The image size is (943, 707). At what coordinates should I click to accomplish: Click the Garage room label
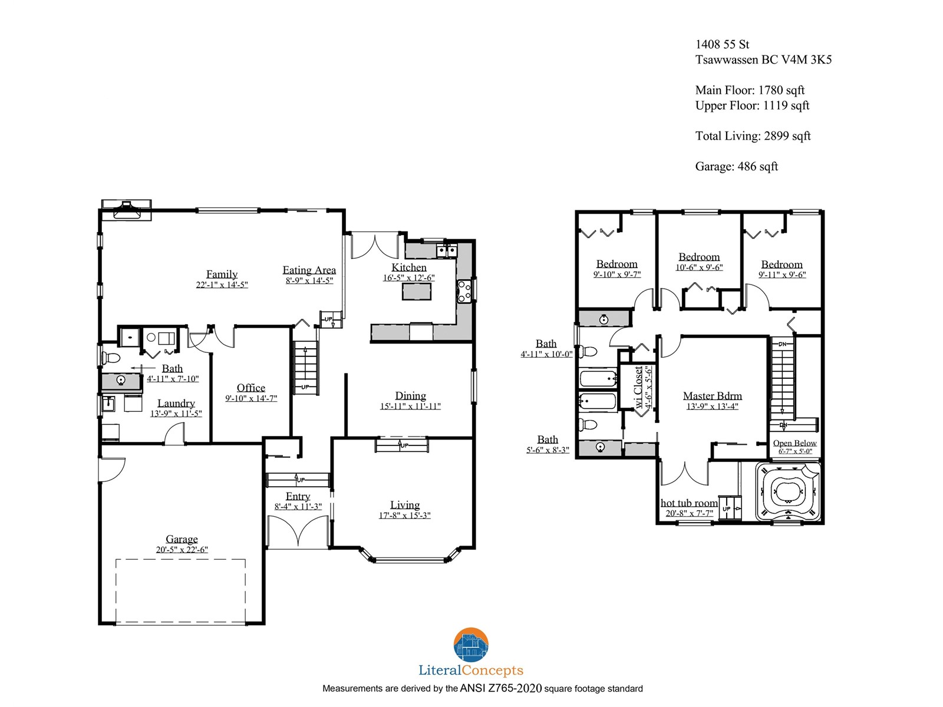[182, 538]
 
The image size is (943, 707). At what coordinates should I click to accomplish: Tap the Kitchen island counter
[416, 292]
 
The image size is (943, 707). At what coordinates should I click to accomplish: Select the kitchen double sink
[446, 250]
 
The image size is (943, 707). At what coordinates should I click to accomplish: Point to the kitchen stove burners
[464, 292]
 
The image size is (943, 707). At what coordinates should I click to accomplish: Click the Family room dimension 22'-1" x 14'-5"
[222, 285]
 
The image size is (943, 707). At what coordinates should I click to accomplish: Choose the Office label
[251, 388]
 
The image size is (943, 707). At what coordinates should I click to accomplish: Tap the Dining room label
[410, 395]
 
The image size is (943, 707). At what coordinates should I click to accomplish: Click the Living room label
[405, 505]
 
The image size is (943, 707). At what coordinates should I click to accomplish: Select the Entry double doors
[298, 532]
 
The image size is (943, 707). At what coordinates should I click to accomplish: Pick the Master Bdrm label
[713, 395]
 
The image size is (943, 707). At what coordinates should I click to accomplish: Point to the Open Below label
[795, 442]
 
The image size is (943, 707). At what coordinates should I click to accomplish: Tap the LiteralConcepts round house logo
[471, 645]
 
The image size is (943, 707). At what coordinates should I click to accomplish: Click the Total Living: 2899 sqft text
[753, 136]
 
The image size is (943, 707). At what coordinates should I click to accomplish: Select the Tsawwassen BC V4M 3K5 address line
[763, 60]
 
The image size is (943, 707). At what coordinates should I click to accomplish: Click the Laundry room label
[176, 403]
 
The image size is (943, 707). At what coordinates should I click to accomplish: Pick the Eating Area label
[309, 270]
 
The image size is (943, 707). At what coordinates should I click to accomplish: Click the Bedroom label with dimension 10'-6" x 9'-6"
[699, 257]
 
